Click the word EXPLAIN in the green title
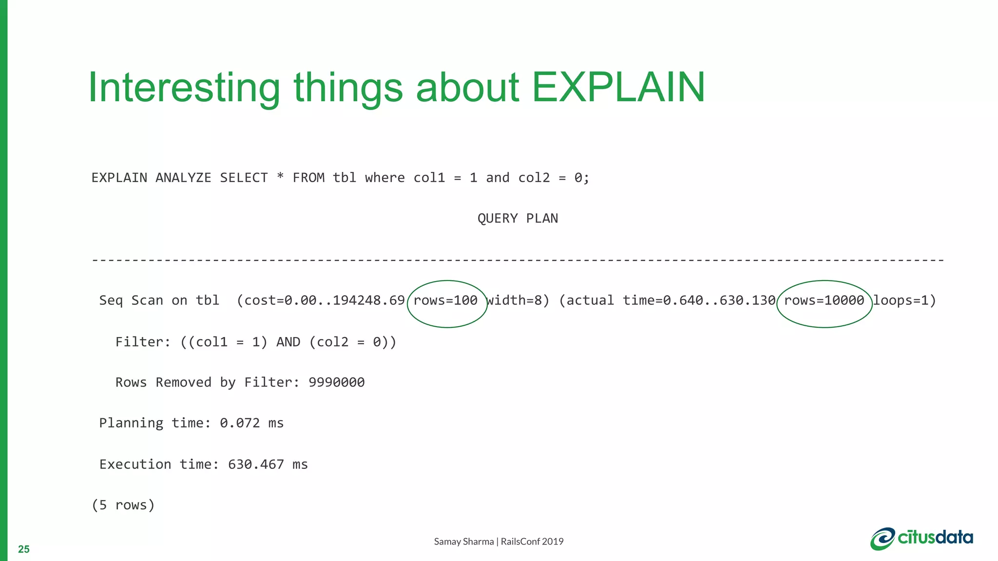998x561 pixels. [618, 88]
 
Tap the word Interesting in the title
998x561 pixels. [184, 88]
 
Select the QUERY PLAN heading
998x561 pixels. [518, 218]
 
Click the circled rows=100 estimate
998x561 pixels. [445, 300]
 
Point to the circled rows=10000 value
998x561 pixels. [824, 300]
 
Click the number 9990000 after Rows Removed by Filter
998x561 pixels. [337, 382]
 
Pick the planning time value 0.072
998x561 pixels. [240, 423]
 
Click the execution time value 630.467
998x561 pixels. [256, 464]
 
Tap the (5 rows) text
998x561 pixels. [123, 505]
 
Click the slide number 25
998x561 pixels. [24, 549]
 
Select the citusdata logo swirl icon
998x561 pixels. [883, 539]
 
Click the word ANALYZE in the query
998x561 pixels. [183, 178]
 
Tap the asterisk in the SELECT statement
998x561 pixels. [280, 177]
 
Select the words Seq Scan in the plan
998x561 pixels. [131, 300]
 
